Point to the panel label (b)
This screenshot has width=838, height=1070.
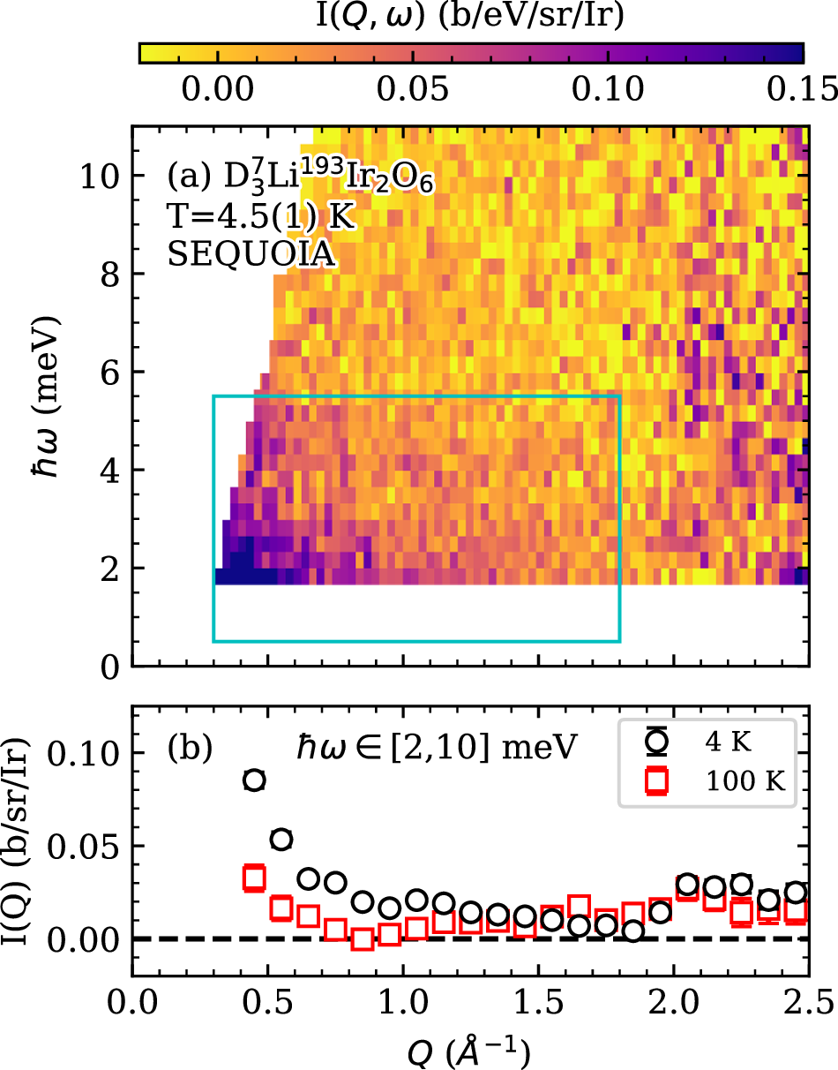tap(189, 748)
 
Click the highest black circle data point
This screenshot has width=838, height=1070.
tap(254, 780)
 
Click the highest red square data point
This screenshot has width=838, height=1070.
tap(254, 878)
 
